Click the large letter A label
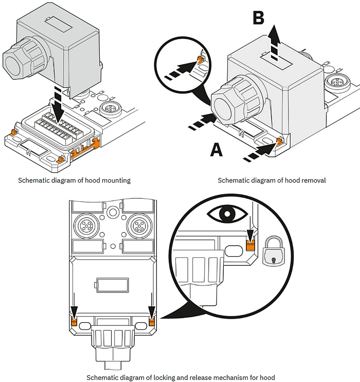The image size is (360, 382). point(217,149)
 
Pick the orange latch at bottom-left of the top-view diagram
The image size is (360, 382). point(73,322)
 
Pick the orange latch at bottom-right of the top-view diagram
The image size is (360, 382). point(152,322)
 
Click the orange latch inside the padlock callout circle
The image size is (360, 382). point(250,246)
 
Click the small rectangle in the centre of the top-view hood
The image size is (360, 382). point(112,284)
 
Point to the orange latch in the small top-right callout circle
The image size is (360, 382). point(197,62)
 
